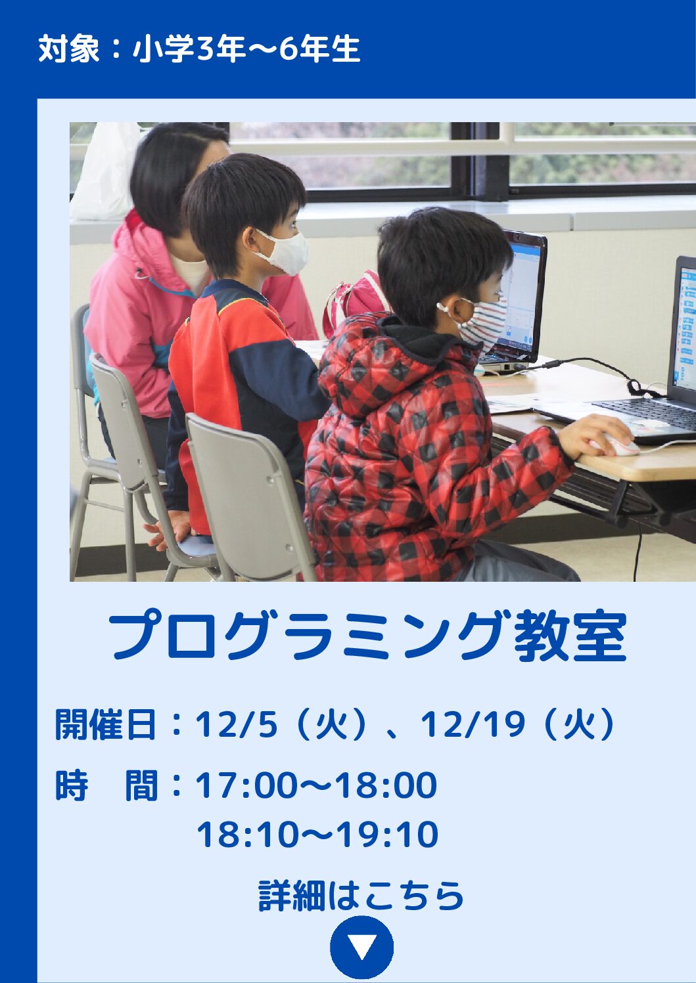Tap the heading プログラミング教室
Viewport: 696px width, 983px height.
368,636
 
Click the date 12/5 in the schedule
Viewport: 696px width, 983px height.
236,724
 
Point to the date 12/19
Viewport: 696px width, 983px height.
473,724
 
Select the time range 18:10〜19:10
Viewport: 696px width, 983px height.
317,834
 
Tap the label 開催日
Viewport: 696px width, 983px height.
105,724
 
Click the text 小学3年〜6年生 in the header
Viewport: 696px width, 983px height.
246,49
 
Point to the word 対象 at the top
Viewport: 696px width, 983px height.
69,49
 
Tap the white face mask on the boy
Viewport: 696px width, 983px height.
287,252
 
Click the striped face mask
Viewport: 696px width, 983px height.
483,325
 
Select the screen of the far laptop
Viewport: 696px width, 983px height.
524,297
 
